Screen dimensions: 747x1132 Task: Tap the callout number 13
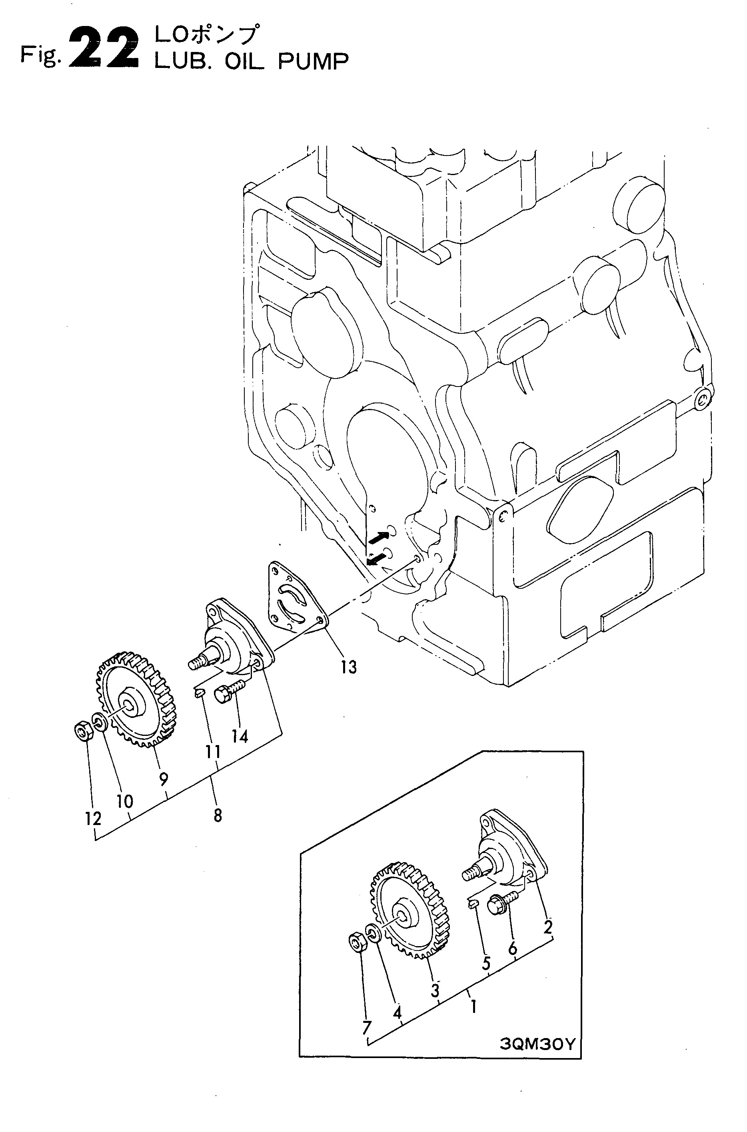tap(349, 667)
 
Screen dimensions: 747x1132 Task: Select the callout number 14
tap(240, 737)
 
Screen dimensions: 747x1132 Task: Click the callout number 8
tap(218, 816)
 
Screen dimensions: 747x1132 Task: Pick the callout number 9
tap(164, 779)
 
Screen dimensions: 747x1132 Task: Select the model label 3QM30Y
tap(538, 1096)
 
